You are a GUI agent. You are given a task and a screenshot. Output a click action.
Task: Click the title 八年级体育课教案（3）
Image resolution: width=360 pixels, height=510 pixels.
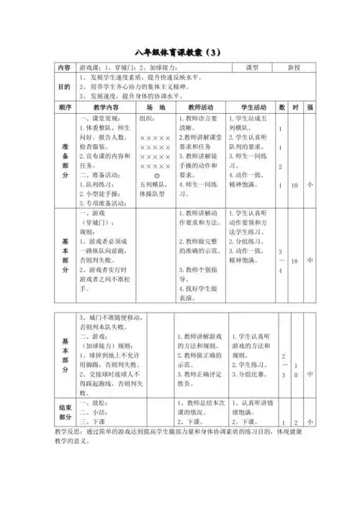point(180,53)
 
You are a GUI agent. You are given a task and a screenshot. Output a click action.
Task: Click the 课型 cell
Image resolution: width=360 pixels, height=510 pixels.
point(251,67)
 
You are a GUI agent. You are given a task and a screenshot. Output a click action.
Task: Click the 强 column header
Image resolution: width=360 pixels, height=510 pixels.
point(310,107)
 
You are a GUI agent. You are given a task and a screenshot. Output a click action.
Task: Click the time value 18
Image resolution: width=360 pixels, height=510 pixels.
point(294,260)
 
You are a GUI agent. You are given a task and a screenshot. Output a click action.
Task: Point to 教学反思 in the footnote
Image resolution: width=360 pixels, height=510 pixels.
point(68,431)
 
